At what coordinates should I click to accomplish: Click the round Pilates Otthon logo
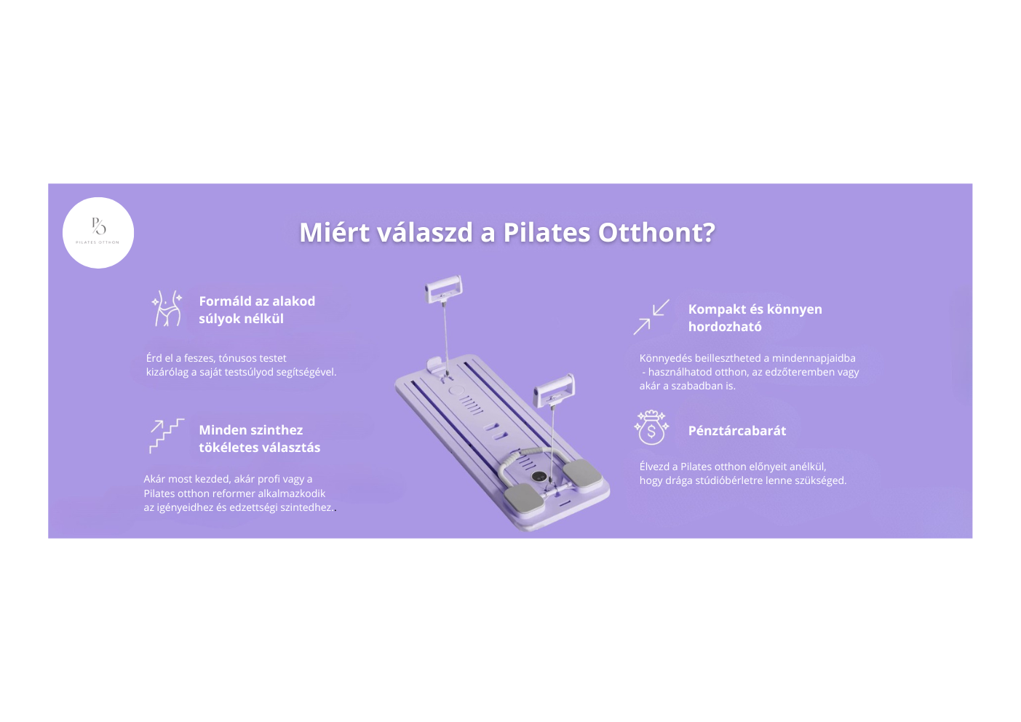pos(98,233)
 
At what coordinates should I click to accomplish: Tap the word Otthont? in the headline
pos(656,232)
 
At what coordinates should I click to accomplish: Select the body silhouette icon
pos(167,309)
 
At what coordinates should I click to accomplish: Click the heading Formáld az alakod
pos(257,301)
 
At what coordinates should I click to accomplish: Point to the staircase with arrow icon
pos(167,436)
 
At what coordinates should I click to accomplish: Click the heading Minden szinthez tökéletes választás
pos(259,438)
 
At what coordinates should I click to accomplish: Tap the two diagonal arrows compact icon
pos(651,317)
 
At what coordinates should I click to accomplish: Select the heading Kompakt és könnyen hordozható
pos(755,318)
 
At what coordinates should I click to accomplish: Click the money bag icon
pos(651,427)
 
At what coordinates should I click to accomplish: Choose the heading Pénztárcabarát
pos(737,431)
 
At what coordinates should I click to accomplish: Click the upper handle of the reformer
pos(443,289)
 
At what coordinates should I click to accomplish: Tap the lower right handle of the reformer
pos(555,389)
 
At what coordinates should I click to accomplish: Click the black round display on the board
pos(539,476)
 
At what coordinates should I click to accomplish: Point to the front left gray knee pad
pos(524,499)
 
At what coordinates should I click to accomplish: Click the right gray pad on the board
pos(582,474)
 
